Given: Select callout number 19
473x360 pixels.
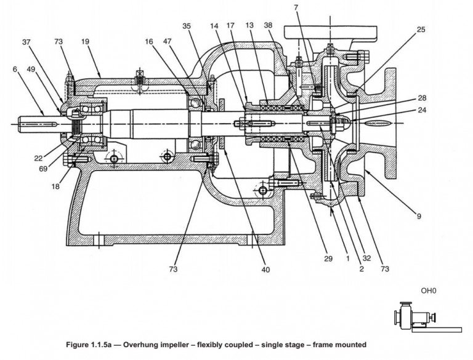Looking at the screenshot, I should [85, 42].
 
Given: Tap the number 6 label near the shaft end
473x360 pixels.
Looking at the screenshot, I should [14, 70].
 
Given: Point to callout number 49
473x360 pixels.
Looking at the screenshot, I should [31, 70].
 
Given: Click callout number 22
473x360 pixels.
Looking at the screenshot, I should [38, 158].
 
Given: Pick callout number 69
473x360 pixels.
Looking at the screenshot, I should [43, 169].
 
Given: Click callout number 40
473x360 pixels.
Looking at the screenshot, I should [265, 269].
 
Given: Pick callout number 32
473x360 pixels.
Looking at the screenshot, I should [367, 259].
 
